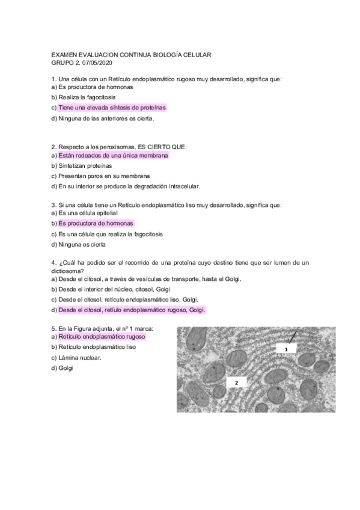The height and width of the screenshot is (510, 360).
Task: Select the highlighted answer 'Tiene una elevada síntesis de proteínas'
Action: [x=112, y=108]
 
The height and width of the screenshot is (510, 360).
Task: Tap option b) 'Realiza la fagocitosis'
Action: [x=87, y=97]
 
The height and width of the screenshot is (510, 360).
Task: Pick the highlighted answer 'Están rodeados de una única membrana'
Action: [x=113, y=155]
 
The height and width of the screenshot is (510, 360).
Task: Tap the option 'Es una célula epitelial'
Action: [x=87, y=213]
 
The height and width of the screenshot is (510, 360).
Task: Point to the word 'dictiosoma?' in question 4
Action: [x=69, y=271]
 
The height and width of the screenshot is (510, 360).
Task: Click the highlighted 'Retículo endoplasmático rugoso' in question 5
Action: [x=102, y=337]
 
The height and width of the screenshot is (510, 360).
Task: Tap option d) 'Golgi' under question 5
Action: [x=65, y=368]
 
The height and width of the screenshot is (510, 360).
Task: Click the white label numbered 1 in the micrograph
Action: [x=287, y=349]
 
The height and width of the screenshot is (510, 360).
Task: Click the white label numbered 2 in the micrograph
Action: [x=236, y=382]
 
